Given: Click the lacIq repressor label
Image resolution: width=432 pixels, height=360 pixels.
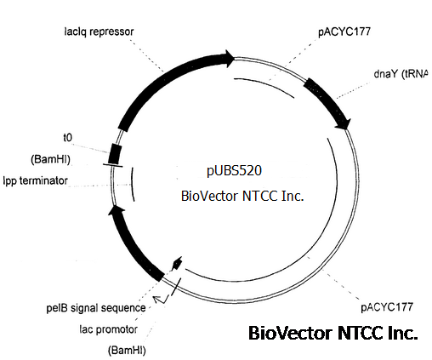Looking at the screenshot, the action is click(99, 31).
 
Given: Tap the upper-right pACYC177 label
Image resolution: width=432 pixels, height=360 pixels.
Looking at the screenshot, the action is click(344, 31).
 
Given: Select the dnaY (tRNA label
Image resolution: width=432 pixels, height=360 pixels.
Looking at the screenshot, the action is click(401, 74).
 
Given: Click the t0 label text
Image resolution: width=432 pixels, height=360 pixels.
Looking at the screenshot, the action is click(68, 138).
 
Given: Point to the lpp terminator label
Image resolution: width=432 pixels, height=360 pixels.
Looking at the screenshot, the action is click(36, 180).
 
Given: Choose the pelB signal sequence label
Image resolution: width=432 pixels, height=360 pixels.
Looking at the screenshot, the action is click(96, 308).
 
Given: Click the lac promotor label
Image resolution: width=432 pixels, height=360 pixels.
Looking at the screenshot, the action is click(109, 329).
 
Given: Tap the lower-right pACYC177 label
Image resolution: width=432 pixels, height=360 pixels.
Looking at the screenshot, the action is click(387, 307).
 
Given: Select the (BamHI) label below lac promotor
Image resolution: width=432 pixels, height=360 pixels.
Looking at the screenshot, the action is click(127, 350).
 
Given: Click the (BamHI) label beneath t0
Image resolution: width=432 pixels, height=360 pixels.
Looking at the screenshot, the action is click(50, 159).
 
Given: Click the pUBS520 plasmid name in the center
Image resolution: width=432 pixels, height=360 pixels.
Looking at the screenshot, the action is click(234, 171).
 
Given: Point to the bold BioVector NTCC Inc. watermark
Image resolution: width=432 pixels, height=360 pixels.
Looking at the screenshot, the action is click(333, 333).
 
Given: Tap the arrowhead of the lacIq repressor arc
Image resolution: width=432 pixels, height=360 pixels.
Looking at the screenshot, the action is click(229, 59).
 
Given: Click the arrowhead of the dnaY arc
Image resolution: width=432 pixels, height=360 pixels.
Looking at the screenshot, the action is click(344, 124).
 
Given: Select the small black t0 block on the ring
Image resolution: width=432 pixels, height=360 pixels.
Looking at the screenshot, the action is click(115, 154).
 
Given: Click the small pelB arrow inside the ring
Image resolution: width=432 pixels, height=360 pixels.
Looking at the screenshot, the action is click(177, 264).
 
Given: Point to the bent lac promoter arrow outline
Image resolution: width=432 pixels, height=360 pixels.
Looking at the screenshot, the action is click(161, 299).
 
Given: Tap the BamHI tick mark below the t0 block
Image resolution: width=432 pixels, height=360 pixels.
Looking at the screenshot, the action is click(113, 165).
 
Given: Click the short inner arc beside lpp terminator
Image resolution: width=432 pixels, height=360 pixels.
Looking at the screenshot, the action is click(132, 185).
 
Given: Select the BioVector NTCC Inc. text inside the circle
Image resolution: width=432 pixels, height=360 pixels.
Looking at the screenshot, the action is click(242, 196).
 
